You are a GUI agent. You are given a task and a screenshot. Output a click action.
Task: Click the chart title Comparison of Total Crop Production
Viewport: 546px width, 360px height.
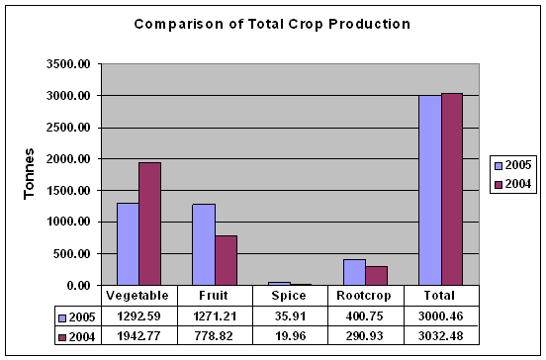272,23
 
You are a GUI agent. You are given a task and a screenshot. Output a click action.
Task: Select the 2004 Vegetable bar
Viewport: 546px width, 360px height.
149,224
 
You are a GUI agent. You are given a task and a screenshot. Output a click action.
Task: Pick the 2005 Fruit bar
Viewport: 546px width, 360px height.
203,244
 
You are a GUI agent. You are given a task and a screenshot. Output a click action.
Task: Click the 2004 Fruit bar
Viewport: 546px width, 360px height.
225,260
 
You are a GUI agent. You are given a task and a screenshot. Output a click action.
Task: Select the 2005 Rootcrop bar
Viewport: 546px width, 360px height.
353,272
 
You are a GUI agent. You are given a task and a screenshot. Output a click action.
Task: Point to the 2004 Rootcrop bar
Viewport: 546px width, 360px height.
375,276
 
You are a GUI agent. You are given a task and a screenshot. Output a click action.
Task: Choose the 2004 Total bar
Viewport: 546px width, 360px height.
450,189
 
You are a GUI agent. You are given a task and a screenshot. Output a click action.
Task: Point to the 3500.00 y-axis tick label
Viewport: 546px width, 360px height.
68,64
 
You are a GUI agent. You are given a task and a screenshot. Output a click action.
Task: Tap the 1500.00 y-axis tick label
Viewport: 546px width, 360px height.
68,191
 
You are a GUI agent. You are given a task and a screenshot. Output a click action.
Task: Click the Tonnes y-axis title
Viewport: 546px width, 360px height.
31,175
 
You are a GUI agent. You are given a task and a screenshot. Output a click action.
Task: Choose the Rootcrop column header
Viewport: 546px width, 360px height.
366,295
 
